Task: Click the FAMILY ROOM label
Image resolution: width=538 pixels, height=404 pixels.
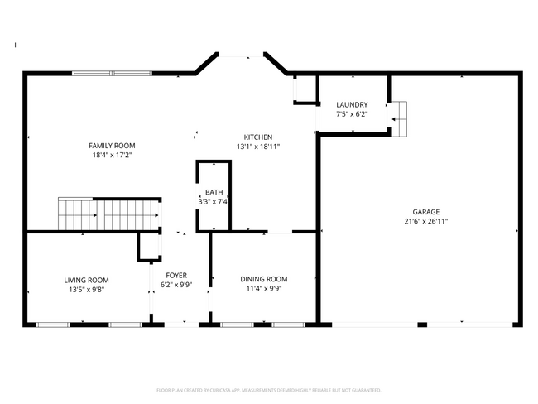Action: click(x=111, y=145)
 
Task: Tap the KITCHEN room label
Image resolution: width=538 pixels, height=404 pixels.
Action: click(x=257, y=137)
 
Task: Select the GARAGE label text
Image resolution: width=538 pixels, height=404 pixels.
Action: click(x=426, y=212)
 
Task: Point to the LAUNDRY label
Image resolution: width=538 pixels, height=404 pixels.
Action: click(x=352, y=104)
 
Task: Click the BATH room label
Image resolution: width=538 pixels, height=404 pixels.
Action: click(x=214, y=192)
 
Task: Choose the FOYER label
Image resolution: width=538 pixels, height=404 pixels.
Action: click(x=176, y=276)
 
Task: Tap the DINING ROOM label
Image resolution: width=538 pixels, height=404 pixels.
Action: click(x=264, y=279)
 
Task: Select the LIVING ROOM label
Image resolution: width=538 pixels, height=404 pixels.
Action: click(x=87, y=280)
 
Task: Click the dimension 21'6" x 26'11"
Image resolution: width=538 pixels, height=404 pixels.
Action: click(x=426, y=221)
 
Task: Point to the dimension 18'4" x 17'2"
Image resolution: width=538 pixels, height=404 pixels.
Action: click(x=111, y=155)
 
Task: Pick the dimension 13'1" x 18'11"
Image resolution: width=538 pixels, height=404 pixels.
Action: click(x=257, y=147)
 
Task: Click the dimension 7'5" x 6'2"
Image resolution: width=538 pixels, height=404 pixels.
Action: click(x=352, y=114)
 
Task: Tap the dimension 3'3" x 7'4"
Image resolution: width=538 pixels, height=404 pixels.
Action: click(x=214, y=201)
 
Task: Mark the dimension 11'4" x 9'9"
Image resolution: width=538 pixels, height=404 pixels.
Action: click(x=264, y=289)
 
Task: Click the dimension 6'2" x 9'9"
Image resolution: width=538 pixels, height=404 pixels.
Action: click(x=176, y=285)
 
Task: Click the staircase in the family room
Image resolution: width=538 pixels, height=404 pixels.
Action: click(x=108, y=214)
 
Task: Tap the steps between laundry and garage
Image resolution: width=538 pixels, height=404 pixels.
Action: click(x=399, y=118)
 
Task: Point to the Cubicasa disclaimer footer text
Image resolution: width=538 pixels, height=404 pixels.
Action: click(x=269, y=389)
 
